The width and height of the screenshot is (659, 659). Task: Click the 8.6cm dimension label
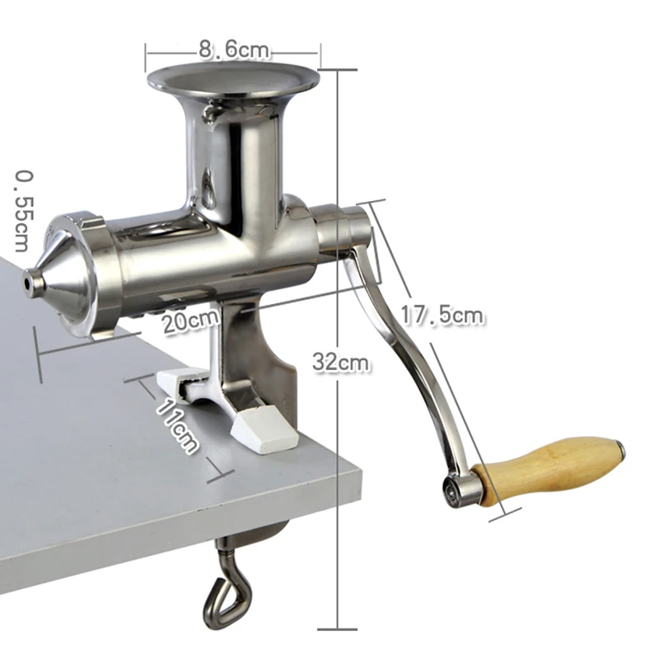pyautogui.click(x=234, y=49)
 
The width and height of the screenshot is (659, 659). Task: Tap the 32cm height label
pyautogui.click(x=341, y=362)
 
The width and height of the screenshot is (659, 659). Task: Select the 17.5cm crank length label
pyautogui.click(x=442, y=315)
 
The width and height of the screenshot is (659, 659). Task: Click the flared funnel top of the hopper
pyautogui.click(x=233, y=80)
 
